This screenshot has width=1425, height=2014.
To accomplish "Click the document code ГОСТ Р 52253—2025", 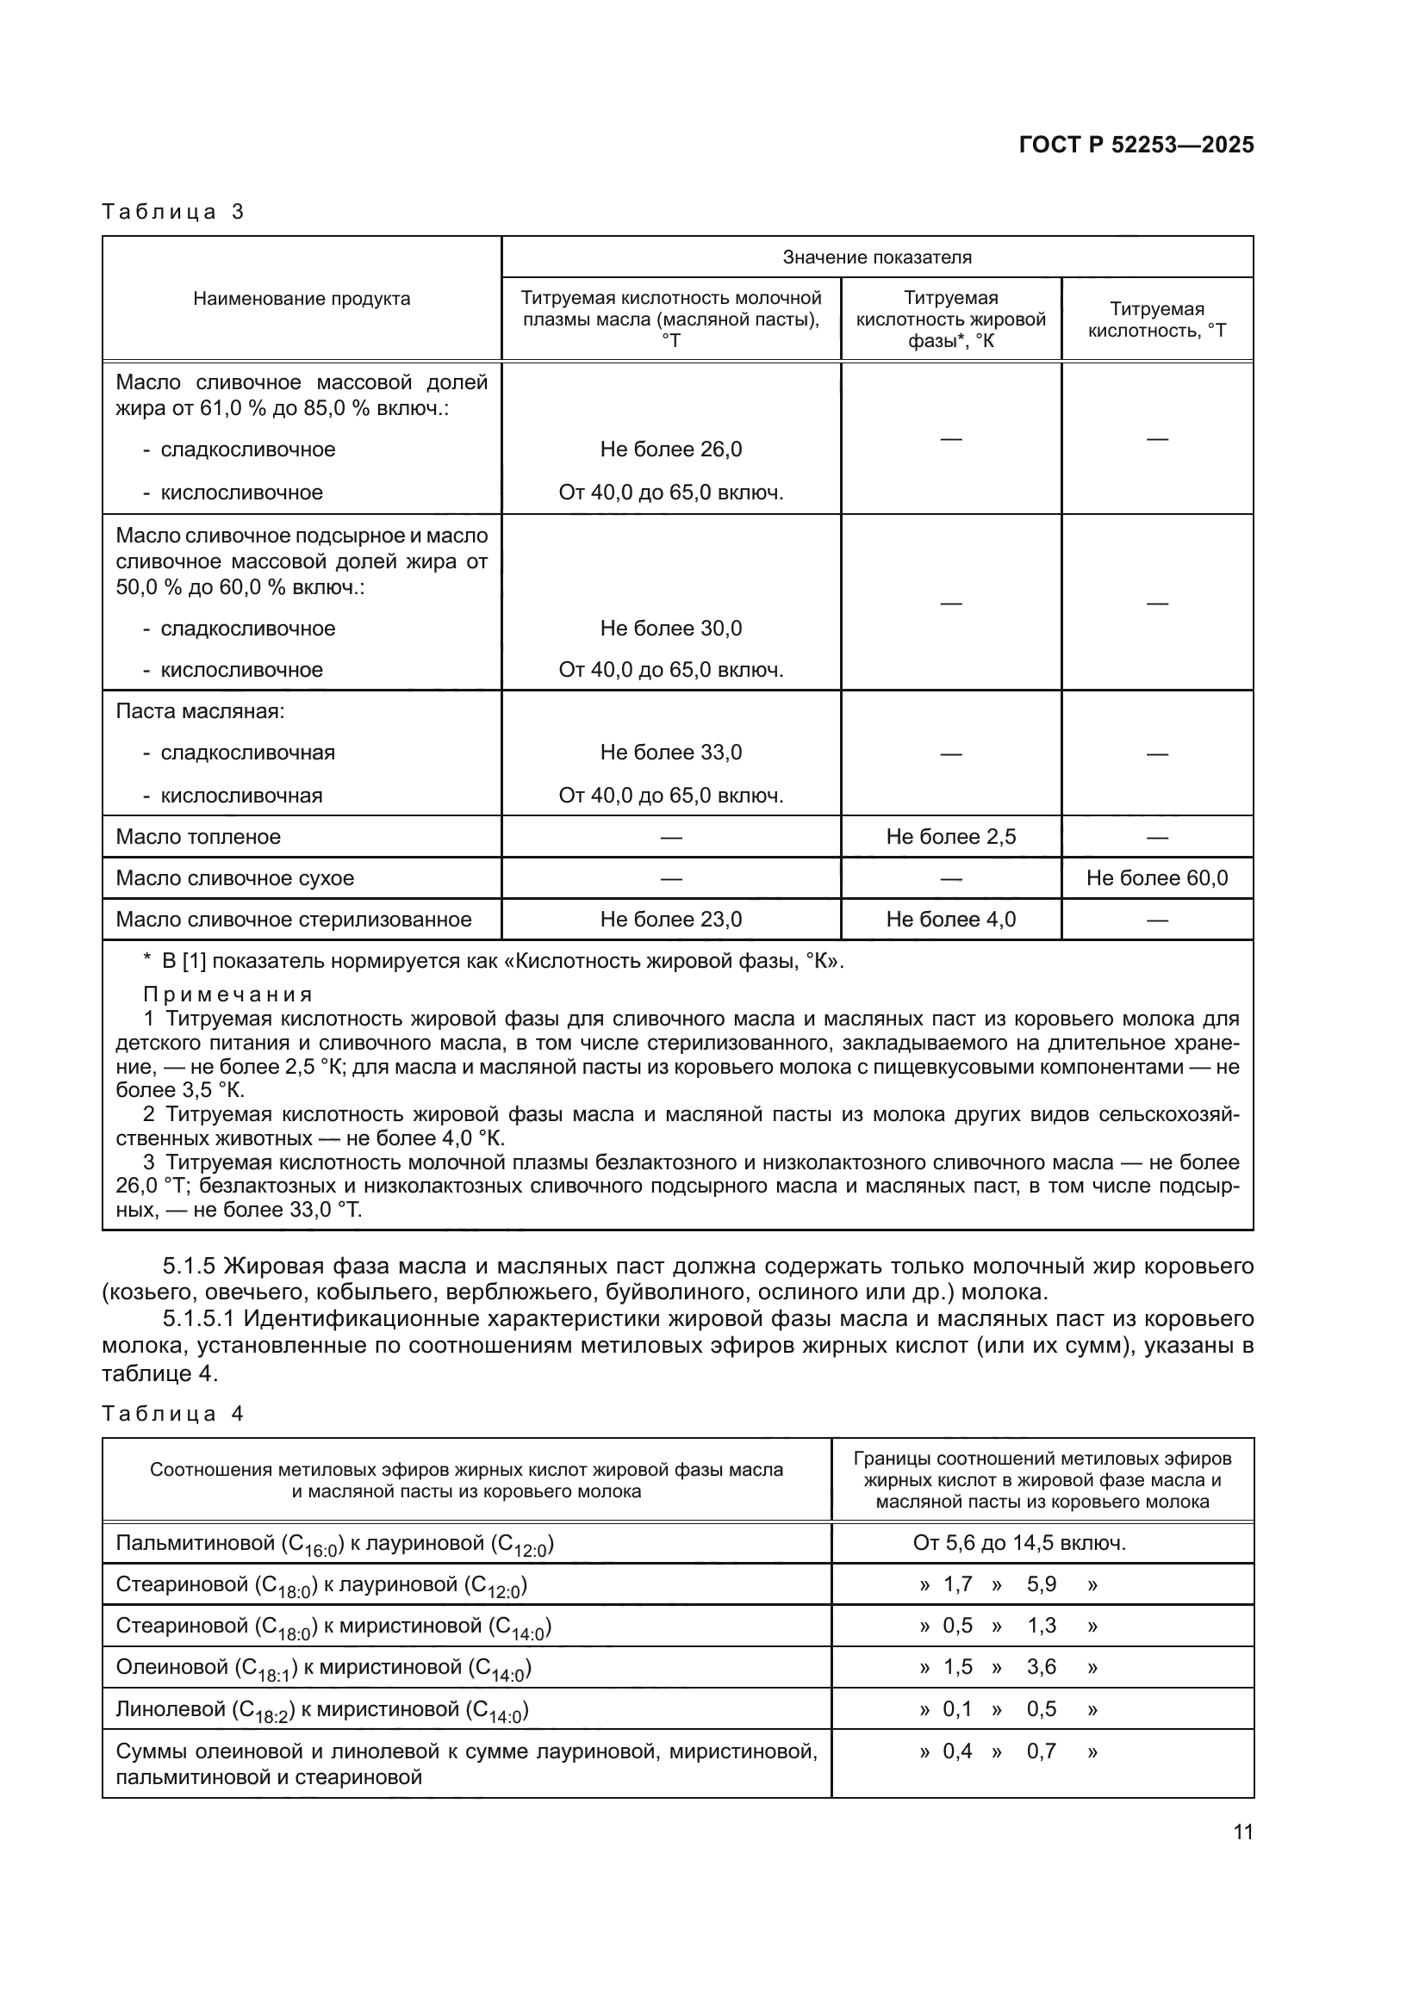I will click(1136, 146).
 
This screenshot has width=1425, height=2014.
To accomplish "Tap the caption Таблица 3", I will click(173, 212).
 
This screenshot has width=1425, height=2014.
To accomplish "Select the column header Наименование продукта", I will click(301, 298).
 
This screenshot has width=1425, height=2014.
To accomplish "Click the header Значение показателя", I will click(876, 257).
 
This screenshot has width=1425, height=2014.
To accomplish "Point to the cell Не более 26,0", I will click(670, 449).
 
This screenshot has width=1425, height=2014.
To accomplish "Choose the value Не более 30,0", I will click(670, 628).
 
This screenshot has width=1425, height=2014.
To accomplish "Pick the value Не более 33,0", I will click(670, 752).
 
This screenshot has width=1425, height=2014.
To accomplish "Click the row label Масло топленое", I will click(198, 836).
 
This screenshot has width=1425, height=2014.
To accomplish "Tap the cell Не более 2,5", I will click(950, 836).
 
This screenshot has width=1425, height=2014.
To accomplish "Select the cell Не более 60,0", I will click(1156, 877).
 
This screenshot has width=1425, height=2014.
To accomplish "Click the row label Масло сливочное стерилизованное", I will click(293, 920).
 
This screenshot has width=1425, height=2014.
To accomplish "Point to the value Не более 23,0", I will click(670, 920).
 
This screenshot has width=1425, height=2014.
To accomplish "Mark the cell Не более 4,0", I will click(950, 920).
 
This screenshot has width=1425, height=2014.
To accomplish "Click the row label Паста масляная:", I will click(200, 710).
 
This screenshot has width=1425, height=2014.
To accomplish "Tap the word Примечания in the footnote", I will click(228, 995).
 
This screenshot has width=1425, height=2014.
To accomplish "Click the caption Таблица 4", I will click(173, 1413).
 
